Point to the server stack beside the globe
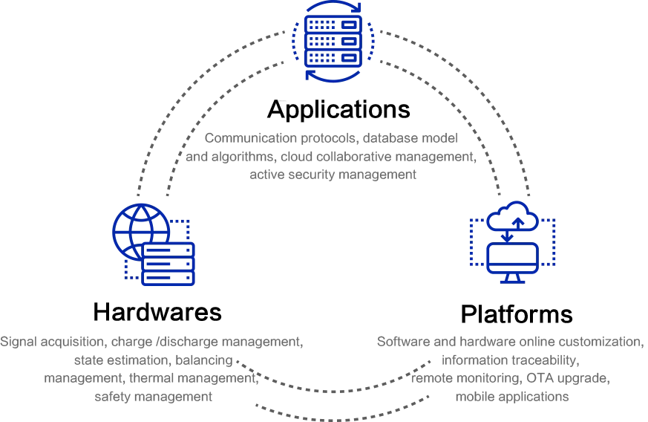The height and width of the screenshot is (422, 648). pyautogui.click(x=168, y=263)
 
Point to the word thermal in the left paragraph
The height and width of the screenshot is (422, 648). pyautogui.click(x=151, y=379)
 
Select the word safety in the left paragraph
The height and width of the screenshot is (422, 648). pyautogui.click(x=113, y=397)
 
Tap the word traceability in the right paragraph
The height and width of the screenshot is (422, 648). pyautogui.click(x=548, y=361)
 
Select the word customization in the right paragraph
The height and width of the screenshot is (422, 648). pyautogui.click(x=600, y=343)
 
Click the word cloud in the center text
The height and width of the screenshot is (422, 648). pyautogui.click(x=296, y=157)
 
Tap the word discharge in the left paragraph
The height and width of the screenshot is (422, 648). pyautogui.click(x=193, y=343)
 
